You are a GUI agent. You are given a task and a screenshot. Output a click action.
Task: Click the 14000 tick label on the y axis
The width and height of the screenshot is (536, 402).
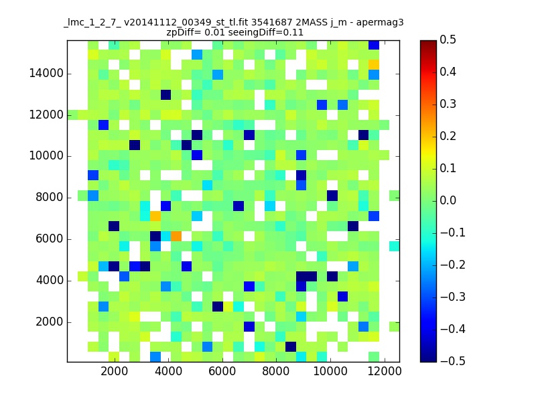coord(46,73)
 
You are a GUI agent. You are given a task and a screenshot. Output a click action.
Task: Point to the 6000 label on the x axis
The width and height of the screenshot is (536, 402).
coord(222,371)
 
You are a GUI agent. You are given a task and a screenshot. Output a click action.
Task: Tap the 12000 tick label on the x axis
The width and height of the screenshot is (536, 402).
coord(384,371)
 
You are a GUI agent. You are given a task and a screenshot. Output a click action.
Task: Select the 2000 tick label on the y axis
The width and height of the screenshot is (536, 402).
coord(50,322)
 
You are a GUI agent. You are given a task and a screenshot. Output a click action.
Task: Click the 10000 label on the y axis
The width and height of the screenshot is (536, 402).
coord(46,156)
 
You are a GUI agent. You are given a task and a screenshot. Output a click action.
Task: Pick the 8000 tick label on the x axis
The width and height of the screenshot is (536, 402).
coord(275,371)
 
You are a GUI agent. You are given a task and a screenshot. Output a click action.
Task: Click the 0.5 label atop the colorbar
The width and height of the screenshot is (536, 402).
coord(448,40)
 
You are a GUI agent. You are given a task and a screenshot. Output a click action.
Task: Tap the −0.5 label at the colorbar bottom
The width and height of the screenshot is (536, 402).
coord(453,361)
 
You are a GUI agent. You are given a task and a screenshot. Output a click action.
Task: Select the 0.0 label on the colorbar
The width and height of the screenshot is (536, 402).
coord(448,200)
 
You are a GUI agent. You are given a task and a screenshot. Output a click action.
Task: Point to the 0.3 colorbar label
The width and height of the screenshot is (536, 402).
coord(448,104)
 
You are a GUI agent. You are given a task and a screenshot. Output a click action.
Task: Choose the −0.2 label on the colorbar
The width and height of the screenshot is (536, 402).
coord(453,265)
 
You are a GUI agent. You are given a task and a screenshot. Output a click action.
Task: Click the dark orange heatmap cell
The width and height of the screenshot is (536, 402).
coord(176,236)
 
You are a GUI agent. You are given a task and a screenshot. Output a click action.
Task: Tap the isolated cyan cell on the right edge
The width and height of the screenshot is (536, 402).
coord(395,246)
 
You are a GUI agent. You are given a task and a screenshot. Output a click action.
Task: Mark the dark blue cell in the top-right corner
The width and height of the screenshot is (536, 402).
coord(374,45)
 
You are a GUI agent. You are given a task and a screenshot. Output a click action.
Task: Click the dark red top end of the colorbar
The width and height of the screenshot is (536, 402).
coord(428,42)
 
